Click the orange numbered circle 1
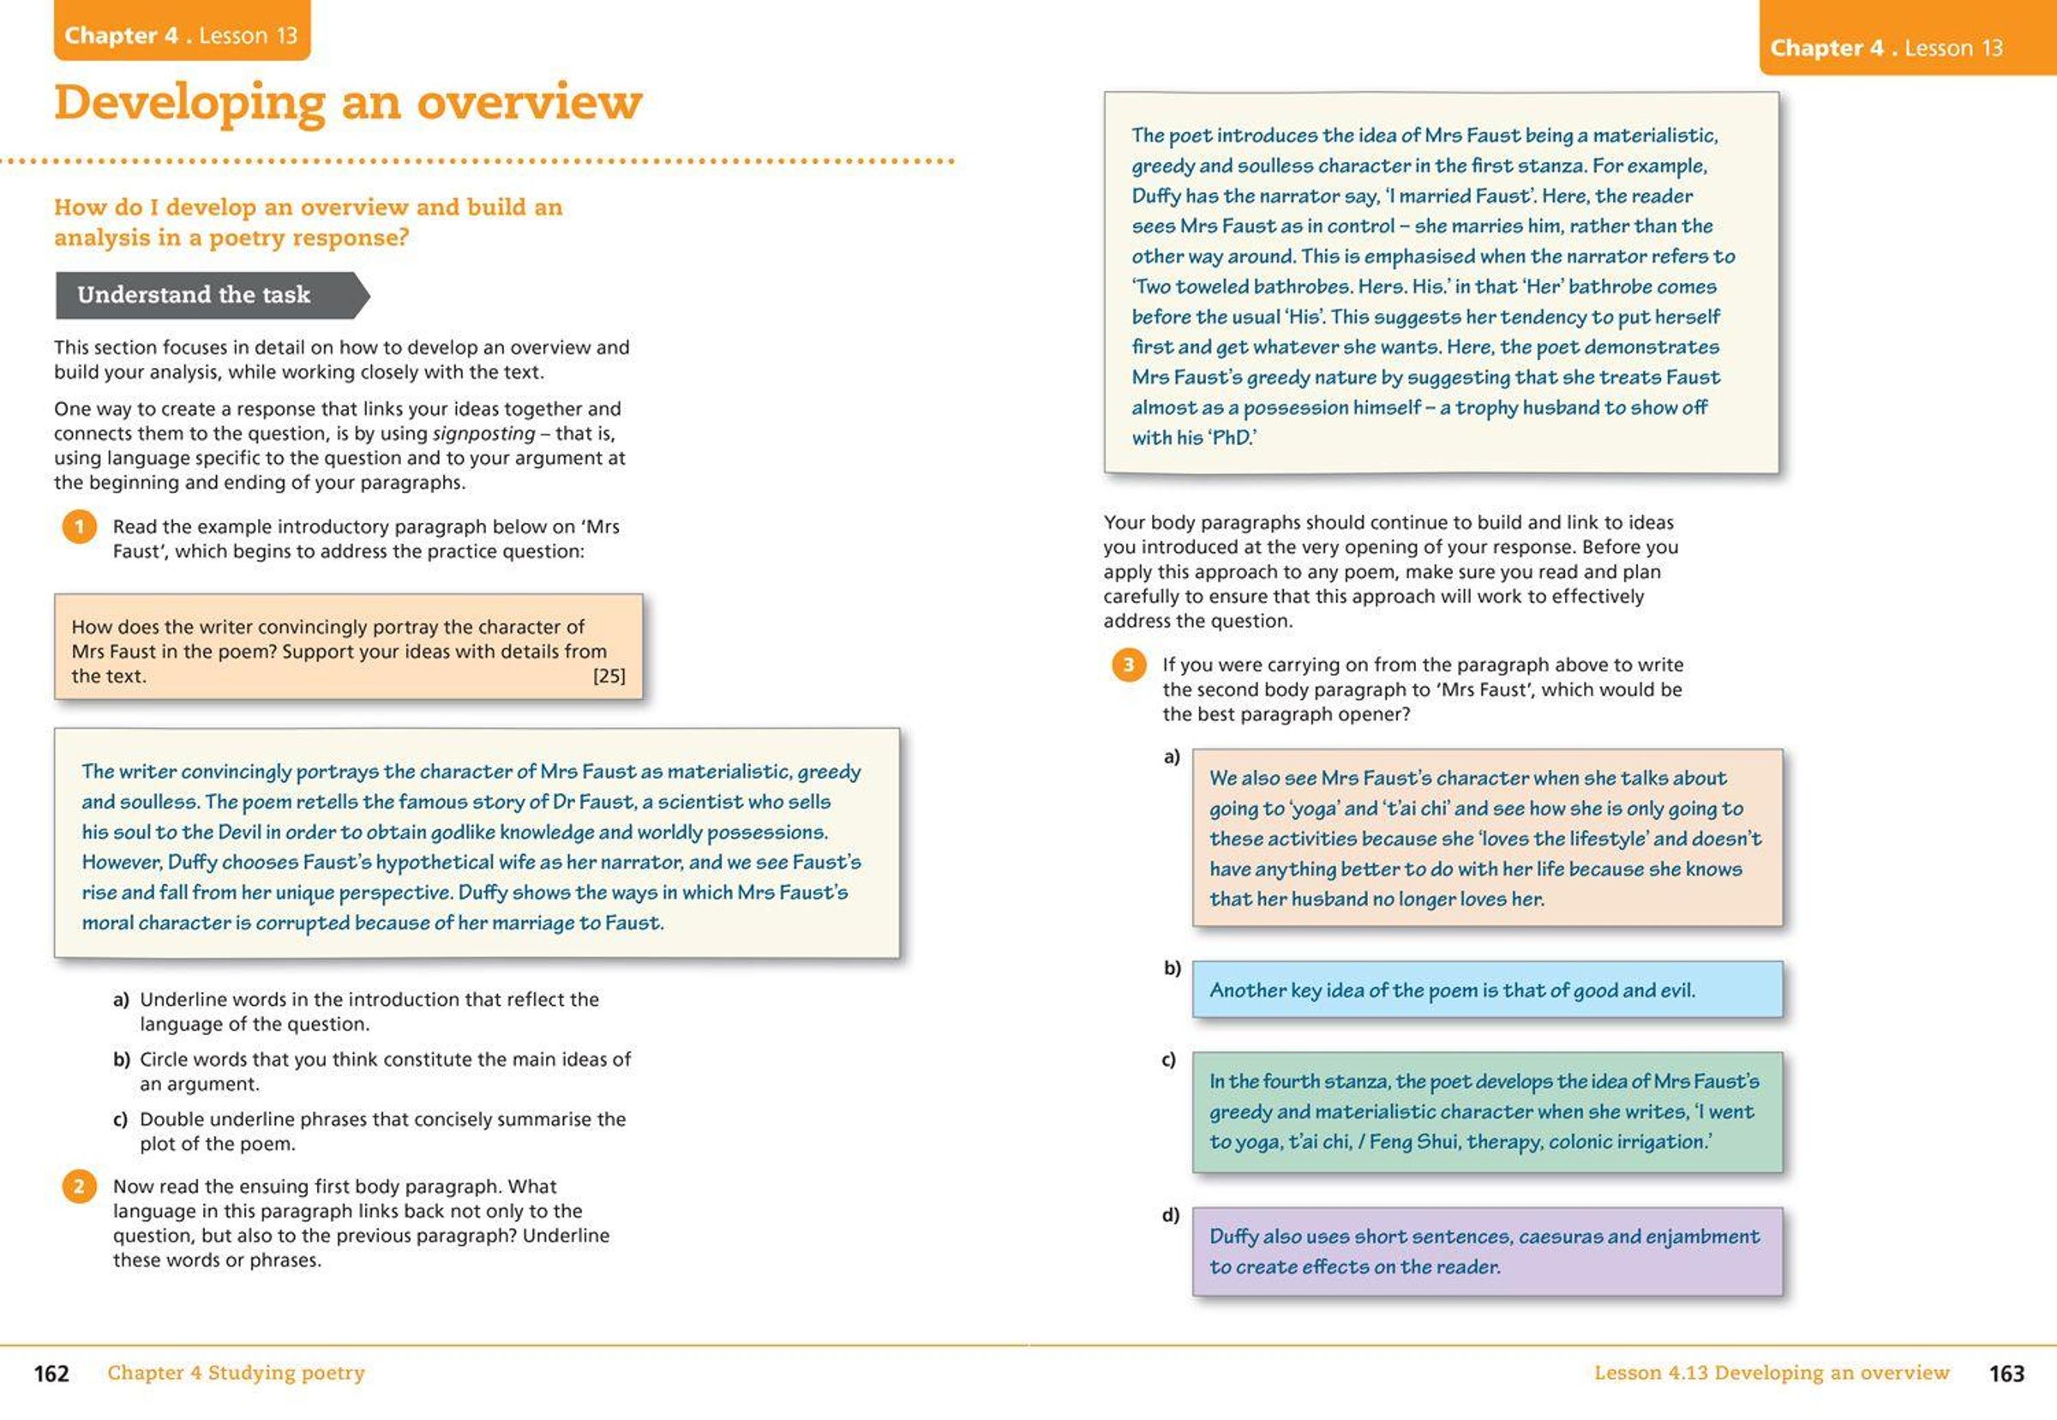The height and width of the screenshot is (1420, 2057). click(79, 526)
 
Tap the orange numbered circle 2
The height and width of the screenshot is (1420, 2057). click(79, 1187)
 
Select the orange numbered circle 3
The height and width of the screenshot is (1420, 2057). click(1129, 665)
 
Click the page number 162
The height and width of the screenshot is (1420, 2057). click(51, 1374)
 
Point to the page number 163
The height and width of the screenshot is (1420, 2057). click(2006, 1374)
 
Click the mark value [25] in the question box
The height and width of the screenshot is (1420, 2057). click(609, 677)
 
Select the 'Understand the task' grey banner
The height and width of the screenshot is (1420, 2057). click(205, 295)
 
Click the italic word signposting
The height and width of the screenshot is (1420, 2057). click(483, 433)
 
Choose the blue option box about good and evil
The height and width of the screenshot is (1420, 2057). click(1487, 990)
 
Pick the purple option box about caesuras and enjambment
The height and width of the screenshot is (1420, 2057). click(1487, 1251)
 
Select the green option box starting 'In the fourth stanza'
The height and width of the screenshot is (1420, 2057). click(1487, 1111)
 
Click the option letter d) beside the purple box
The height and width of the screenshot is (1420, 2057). click(1170, 1215)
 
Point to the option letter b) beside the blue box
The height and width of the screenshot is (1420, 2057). click(1172, 968)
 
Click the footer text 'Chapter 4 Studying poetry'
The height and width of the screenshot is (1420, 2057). click(237, 1373)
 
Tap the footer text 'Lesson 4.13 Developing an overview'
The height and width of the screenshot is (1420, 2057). click(1772, 1373)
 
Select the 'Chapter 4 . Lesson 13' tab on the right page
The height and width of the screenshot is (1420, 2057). click(1886, 48)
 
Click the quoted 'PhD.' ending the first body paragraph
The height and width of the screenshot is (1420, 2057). click(1232, 437)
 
